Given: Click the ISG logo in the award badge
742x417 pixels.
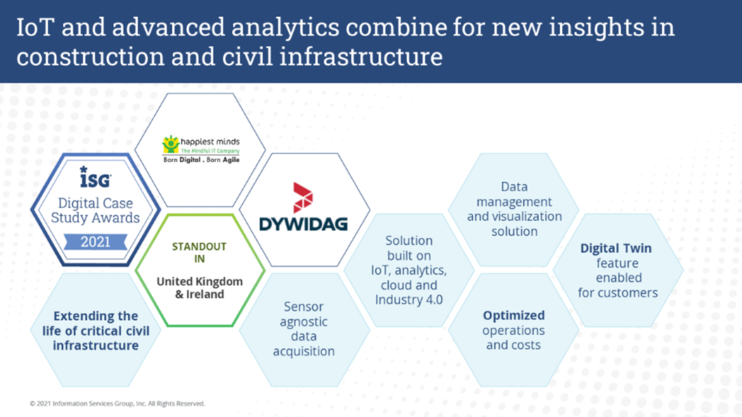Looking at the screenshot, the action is [x=95, y=177].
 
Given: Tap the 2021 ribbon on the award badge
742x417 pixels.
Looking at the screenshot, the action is [x=96, y=241].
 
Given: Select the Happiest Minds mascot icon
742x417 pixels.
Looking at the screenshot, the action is [x=170, y=144].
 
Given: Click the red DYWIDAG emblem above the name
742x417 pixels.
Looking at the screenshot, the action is [x=303, y=197].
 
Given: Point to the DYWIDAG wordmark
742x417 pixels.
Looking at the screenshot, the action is [x=304, y=224].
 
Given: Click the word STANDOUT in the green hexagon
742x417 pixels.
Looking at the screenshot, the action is [x=200, y=246].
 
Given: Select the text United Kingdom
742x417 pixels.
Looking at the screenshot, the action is [x=200, y=282].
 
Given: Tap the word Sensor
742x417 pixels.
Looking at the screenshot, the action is [x=304, y=306].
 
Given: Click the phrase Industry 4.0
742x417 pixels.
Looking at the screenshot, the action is [x=409, y=300].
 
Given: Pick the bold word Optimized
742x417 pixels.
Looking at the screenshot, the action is [x=514, y=315].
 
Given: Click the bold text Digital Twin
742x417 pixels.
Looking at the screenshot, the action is [x=616, y=249].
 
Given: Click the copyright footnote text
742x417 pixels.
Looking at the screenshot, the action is [x=117, y=403].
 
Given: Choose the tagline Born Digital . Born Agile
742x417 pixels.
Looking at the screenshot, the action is [x=202, y=160].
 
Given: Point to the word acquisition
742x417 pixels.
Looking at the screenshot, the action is [x=304, y=351].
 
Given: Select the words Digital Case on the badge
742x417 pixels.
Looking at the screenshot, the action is [x=96, y=203].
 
